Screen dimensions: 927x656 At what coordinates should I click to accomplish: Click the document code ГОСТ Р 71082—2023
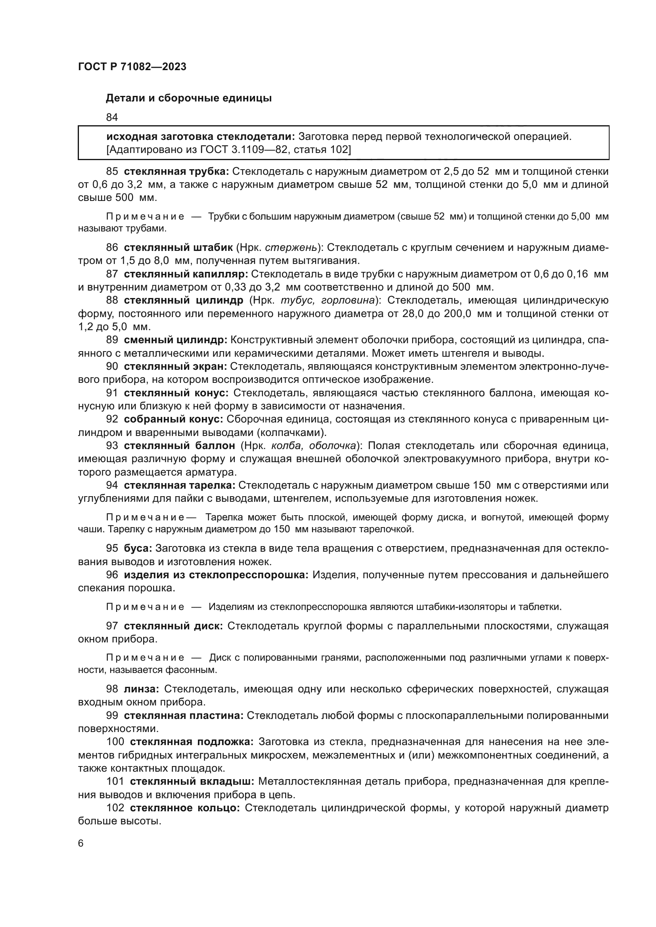pyautogui.click(x=132, y=67)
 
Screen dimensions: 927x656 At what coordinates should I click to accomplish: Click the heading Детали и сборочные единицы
pyautogui.click(x=189, y=98)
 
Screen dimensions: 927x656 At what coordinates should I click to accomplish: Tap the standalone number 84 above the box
pyautogui.click(x=112, y=117)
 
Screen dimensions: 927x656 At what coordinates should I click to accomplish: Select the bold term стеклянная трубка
pyautogui.click(x=176, y=172)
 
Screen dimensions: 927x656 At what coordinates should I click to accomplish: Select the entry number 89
pyautogui.click(x=112, y=340)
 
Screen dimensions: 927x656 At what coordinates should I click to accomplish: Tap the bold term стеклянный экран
pyautogui.click(x=175, y=367)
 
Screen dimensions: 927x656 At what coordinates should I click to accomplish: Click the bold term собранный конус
pyautogui.click(x=173, y=419)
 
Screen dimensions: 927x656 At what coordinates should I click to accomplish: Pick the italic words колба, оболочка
pyautogui.click(x=314, y=446)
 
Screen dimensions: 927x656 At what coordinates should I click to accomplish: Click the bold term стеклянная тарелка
pyautogui.click(x=179, y=485)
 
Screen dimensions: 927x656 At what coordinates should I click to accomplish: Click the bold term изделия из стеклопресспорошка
pyautogui.click(x=216, y=575)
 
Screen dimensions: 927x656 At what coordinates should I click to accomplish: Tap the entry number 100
pyautogui.click(x=115, y=742)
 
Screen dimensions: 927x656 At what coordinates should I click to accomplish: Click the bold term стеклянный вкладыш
pyautogui.click(x=192, y=781)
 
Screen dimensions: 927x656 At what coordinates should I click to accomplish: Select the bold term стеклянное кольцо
pyautogui.click(x=185, y=808)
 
